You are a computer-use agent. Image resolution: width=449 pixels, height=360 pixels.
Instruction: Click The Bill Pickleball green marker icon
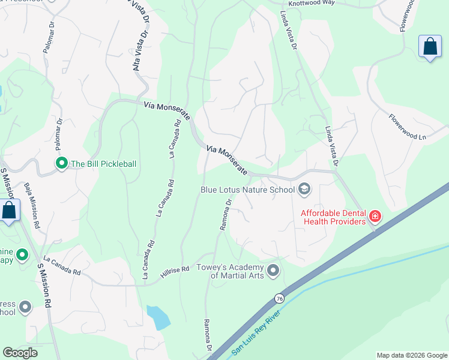click(x=61, y=163)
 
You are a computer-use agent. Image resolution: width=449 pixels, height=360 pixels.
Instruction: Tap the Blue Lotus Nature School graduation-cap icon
click(x=304, y=190)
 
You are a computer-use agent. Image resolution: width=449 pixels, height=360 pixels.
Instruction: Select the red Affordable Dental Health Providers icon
click(x=375, y=215)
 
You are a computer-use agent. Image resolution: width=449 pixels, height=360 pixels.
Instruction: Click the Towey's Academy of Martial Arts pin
click(x=274, y=271)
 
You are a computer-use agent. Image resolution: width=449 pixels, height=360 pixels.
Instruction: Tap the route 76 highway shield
click(x=279, y=298)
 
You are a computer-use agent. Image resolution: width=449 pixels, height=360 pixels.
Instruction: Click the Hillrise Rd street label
click(x=175, y=272)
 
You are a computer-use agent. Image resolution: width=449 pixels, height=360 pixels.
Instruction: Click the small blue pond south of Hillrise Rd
click(x=157, y=317)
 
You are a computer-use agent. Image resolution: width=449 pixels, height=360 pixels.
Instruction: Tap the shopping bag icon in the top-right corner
click(x=430, y=47)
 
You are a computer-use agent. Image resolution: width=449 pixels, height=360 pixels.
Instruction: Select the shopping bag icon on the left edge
click(x=9, y=211)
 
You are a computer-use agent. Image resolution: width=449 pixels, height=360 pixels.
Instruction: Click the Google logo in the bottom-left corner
click(x=21, y=353)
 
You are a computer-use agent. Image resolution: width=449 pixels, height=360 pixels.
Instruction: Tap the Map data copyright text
click(x=411, y=355)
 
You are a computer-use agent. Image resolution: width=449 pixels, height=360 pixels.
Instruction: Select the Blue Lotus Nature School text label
click(x=247, y=190)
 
